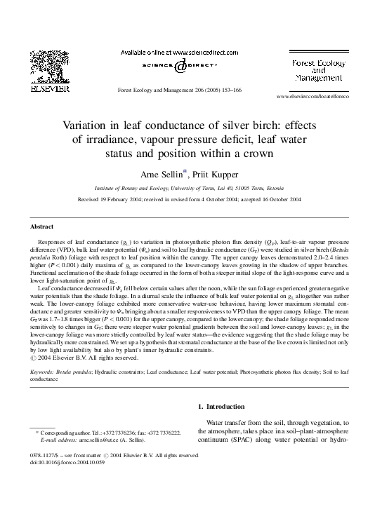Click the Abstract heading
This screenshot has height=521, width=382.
42,226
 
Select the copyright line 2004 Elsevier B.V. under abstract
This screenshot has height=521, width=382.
83,358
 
